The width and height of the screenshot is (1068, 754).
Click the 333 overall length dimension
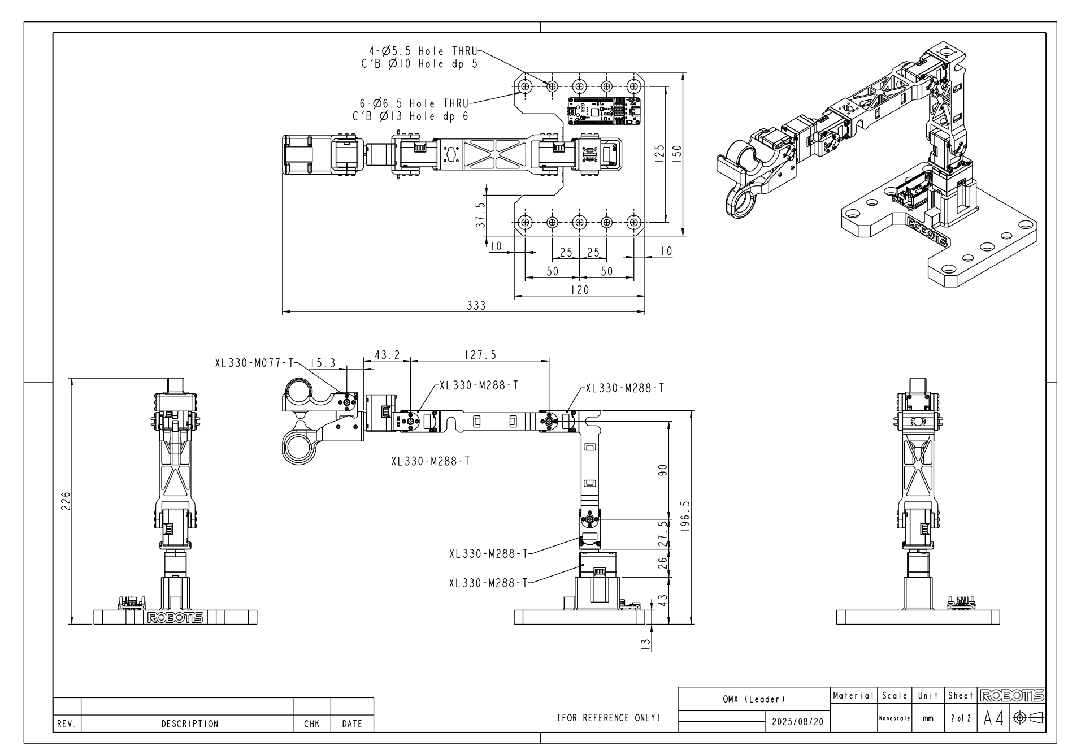point(476,306)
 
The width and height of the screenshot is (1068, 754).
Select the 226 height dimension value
point(66,501)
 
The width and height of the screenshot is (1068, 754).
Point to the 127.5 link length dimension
point(480,355)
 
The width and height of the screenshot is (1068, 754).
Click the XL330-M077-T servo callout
point(254,363)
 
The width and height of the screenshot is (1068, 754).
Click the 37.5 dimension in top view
point(480,215)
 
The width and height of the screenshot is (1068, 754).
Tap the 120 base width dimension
point(580,290)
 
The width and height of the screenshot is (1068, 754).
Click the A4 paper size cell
point(993,719)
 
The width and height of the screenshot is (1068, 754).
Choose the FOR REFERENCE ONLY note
point(609,718)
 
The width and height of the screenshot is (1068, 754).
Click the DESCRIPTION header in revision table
point(190,723)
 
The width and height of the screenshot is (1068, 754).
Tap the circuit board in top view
point(604,110)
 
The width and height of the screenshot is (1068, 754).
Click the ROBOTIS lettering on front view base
point(175,618)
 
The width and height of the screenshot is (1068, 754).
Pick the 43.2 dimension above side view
point(387,355)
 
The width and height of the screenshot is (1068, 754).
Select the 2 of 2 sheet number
point(960,718)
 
